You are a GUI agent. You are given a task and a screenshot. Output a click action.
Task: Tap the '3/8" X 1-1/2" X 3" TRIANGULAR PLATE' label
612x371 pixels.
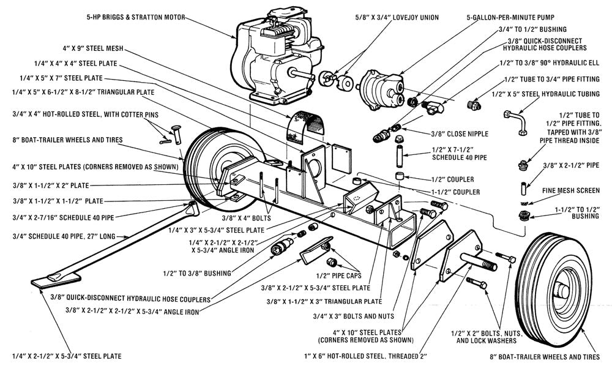324,302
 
